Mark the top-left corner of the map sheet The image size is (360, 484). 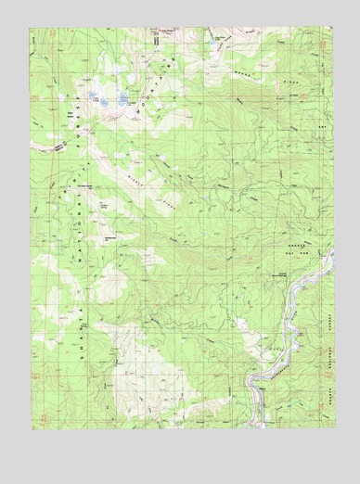pos(30,29)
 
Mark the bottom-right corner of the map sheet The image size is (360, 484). pos(331,428)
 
